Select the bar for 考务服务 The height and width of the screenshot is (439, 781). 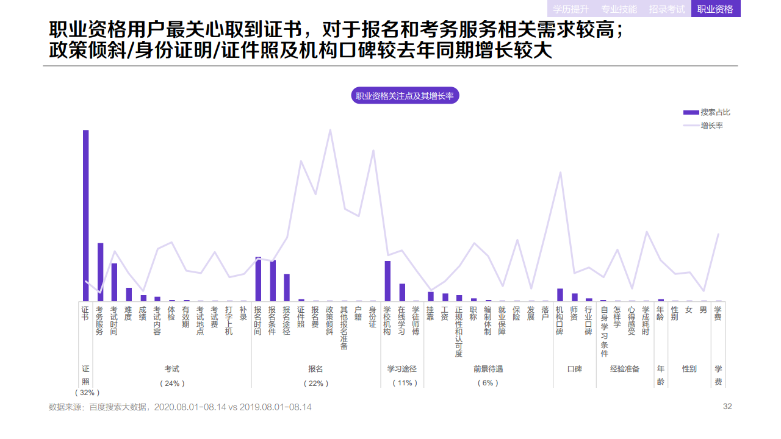100,272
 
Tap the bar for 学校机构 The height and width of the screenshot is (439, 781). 387,280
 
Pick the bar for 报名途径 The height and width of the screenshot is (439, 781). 287,287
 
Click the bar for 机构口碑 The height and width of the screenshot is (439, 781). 560,294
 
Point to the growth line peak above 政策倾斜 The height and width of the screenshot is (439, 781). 330,130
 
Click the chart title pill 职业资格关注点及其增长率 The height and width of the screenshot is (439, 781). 405,96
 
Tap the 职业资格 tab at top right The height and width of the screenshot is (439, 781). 715,9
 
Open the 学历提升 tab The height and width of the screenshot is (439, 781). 570,9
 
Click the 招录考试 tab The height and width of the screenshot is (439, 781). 667,9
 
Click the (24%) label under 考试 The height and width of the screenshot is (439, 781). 172,384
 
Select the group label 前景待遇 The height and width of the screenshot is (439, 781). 488,369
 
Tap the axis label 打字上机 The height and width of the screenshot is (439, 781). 229,321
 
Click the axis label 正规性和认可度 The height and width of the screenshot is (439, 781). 459,332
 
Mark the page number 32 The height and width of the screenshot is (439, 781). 727,407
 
